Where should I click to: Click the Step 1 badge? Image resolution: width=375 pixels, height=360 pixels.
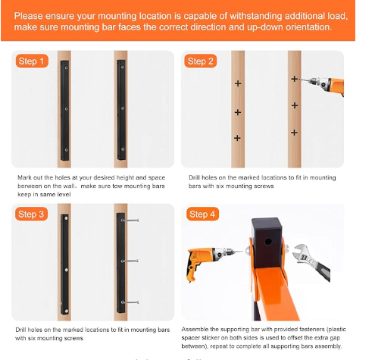pos(32,61)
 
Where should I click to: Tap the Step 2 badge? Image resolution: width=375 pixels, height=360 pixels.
pos(201,61)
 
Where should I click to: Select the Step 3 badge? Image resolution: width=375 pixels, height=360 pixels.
pos(31,214)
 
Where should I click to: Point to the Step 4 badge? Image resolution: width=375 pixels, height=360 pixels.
pos(202,214)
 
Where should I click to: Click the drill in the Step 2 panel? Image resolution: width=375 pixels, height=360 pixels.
pos(323,84)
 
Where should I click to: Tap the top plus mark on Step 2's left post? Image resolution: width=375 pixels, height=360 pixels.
pos(238,83)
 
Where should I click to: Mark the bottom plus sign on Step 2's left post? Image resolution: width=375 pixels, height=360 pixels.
pos(237,138)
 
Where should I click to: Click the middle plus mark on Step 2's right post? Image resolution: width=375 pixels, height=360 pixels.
pos(295,105)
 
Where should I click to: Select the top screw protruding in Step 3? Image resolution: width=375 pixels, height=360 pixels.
pos(130,221)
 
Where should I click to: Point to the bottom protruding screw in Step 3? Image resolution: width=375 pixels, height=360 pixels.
pos(130,302)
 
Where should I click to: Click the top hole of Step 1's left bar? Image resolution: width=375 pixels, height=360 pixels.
pos(66,67)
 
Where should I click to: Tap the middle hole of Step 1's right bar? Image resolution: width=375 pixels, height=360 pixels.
pos(123,108)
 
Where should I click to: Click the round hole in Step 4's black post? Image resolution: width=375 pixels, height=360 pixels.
pos(268,242)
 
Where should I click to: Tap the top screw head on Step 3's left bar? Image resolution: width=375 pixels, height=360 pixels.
pos(66,218)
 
